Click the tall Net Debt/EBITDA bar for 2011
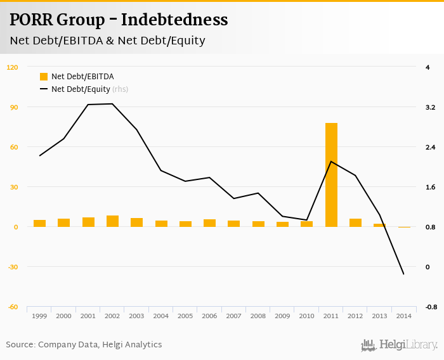pyautogui.click(x=331, y=175)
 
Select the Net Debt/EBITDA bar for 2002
pyautogui.click(x=112, y=221)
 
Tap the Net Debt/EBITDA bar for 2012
pyautogui.click(x=355, y=222)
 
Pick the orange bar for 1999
pyautogui.click(x=39, y=223)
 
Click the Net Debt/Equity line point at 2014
pyautogui.click(x=403, y=274)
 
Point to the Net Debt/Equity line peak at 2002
pyautogui.click(x=112, y=104)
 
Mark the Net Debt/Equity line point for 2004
pyautogui.click(x=161, y=170)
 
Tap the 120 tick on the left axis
pyautogui.click(x=13, y=67)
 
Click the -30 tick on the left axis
pyautogui.click(x=13, y=267)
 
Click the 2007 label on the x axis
pyautogui.click(x=233, y=316)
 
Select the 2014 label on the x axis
pyautogui.click(x=403, y=316)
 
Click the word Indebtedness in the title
pyautogui.click(x=174, y=20)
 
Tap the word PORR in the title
pyautogui.click(x=31, y=20)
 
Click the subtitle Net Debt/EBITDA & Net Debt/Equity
pyautogui.click(x=107, y=41)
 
